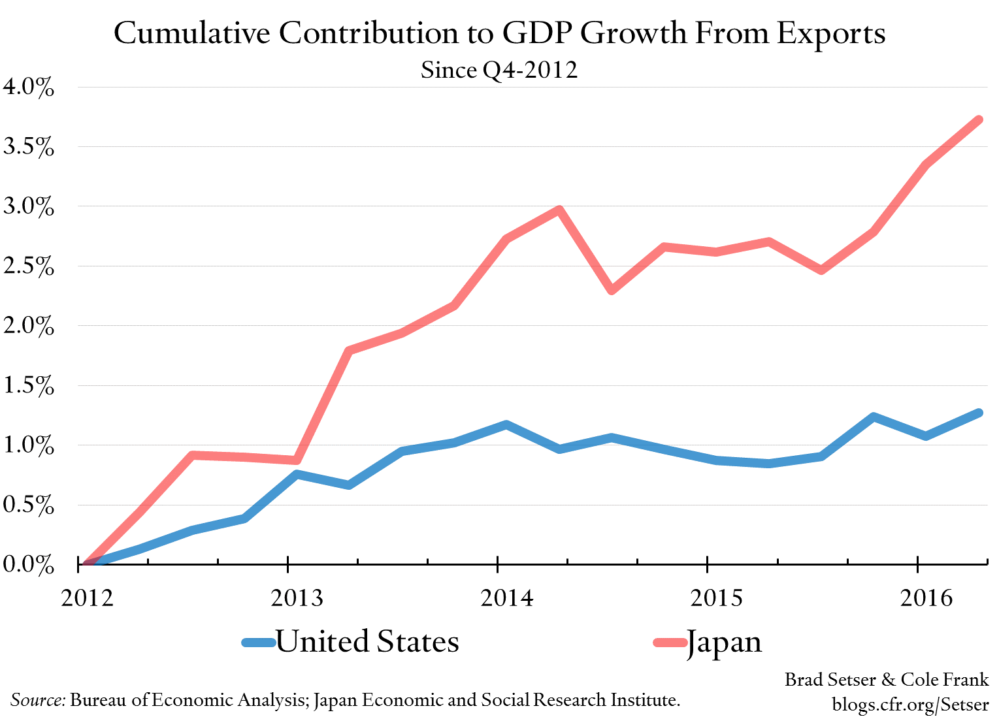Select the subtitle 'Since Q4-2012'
coord(499,70)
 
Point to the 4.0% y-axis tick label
coord(28,88)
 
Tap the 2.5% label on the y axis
coord(28,266)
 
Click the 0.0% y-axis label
coord(28,565)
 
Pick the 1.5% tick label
coord(28,386)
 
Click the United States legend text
coord(367,641)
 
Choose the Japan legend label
coord(724,642)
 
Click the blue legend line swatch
coord(259,643)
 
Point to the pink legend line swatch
coord(669,643)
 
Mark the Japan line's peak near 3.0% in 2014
coord(559,210)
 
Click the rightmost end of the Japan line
coord(979,120)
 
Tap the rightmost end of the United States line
coord(979,413)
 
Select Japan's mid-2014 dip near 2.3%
coord(612,290)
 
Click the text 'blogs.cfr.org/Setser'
coord(910,704)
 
